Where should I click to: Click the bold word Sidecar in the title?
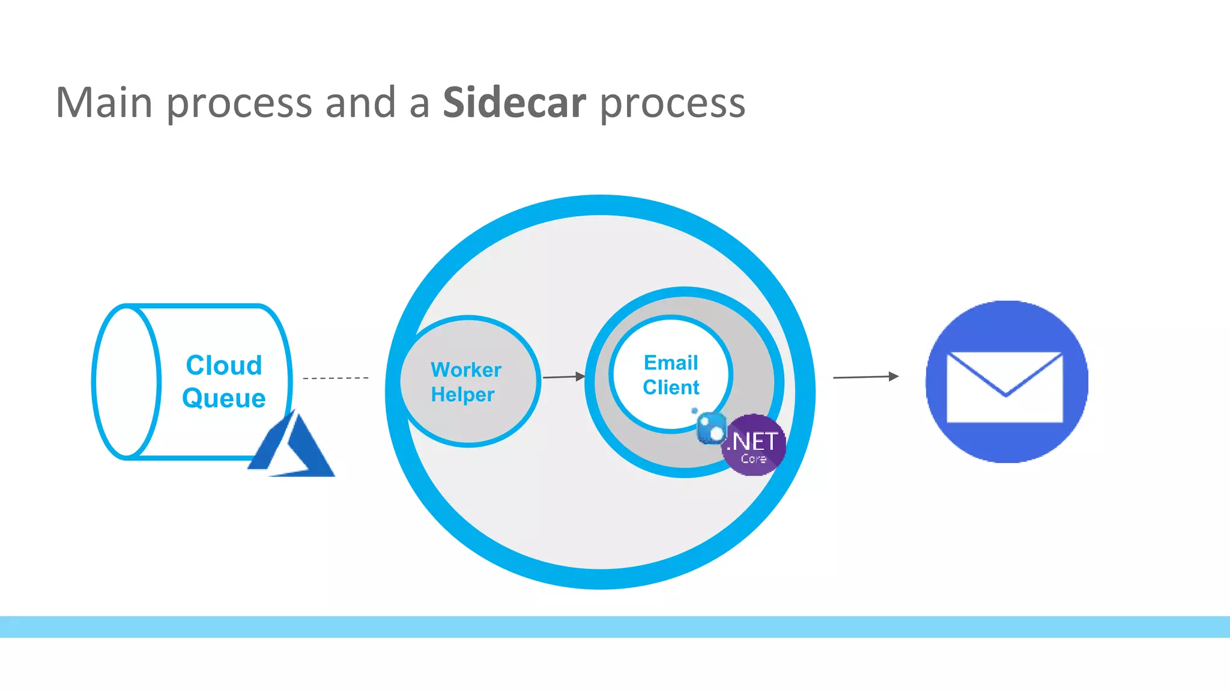[x=514, y=103]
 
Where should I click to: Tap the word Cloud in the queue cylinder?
[x=224, y=365]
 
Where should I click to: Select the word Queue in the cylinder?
[x=224, y=398]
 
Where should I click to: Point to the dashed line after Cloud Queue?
[x=336, y=378]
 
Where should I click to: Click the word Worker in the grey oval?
[x=466, y=369]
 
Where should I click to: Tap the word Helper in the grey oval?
[x=462, y=395]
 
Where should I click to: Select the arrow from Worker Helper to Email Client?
[x=563, y=377]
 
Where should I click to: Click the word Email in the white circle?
[x=671, y=363]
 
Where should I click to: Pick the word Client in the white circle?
[x=671, y=387]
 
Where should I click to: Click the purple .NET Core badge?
[x=754, y=445]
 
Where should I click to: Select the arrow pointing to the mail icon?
[x=865, y=377]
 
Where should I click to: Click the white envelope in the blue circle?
[x=1004, y=387]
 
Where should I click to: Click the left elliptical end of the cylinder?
[x=127, y=382]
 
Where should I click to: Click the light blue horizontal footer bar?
[x=615, y=627]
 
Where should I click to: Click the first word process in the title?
[x=239, y=103]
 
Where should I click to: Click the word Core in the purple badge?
[x=754, y=459]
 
